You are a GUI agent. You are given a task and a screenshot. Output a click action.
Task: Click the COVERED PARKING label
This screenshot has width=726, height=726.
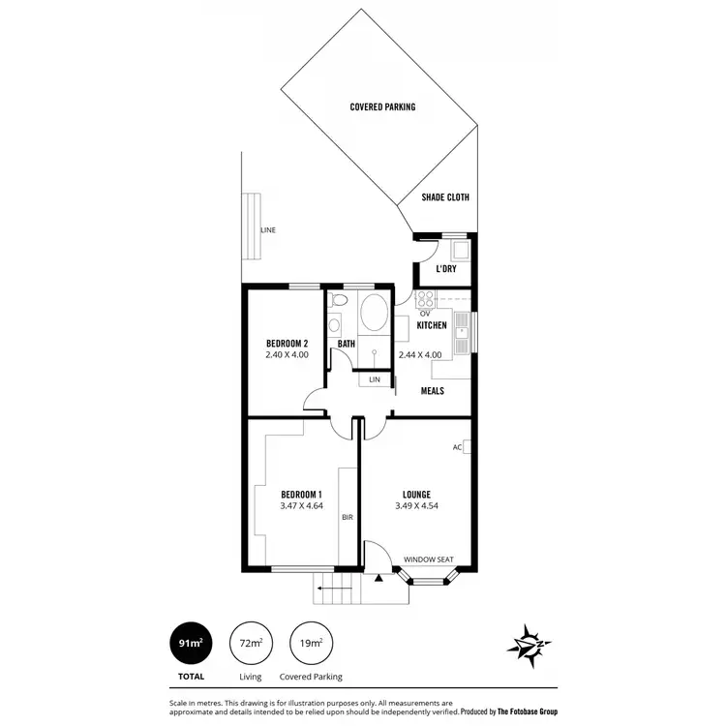pos(382,106)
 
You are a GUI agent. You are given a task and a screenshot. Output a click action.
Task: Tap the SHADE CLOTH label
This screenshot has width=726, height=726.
pos(445,197)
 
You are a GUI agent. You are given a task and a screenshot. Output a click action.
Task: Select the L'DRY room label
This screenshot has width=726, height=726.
pos(446,269)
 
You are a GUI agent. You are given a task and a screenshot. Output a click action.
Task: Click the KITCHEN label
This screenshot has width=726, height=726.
pos(432,326)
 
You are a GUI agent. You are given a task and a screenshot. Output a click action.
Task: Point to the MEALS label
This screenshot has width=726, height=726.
pos(432,391)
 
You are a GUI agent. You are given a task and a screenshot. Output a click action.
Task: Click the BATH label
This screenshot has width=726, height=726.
pos(347,344)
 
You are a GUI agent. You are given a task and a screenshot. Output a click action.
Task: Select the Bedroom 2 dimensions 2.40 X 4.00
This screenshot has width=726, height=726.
pos(287,355)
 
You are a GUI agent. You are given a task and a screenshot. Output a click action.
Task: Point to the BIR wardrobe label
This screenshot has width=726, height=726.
pos(347,518)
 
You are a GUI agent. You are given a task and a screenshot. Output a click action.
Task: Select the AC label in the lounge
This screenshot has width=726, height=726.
pos(457,447)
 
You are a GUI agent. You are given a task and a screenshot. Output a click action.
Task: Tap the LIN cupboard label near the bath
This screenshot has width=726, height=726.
pos(375,380)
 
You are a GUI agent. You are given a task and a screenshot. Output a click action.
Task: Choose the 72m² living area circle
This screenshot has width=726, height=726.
pos(250,642)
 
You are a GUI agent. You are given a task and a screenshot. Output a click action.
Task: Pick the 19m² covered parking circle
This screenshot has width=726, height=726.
pos(310,642)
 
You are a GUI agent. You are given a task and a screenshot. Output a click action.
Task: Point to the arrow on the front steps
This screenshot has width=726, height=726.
pos(336,587)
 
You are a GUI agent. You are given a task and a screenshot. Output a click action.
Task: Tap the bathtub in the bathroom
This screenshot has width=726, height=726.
pos(373,315)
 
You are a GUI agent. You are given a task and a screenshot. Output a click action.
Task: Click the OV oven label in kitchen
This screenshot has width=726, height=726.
pos(424,313)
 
